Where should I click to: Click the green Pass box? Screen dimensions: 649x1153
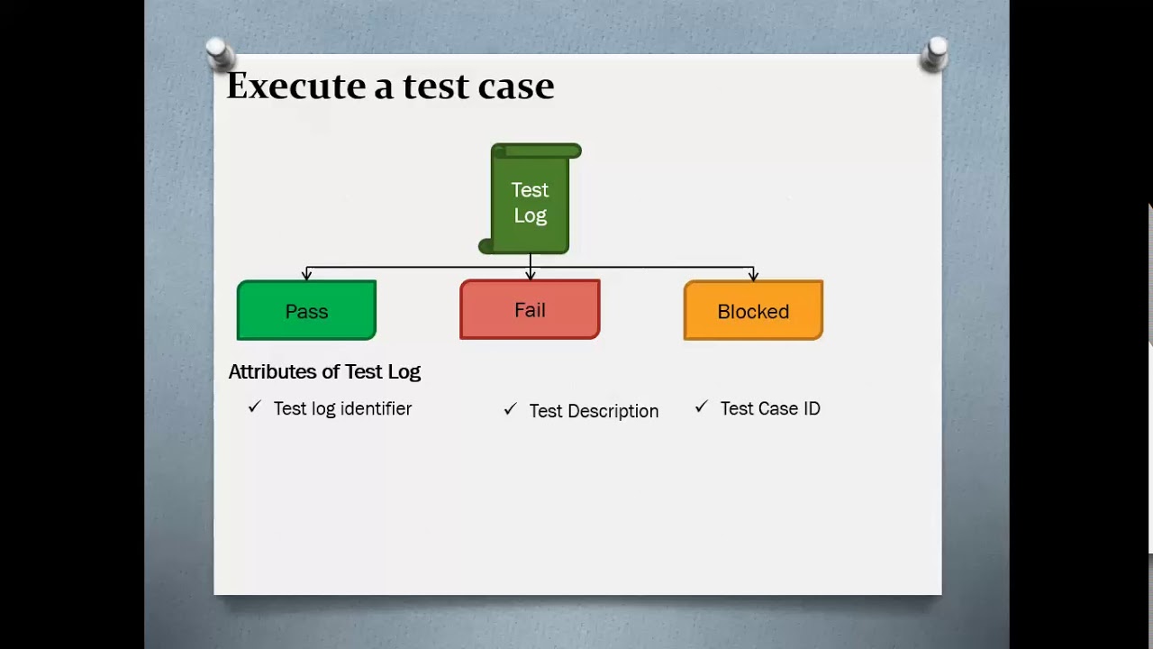point(306,311)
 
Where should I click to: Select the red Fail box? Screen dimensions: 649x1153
point(530,310)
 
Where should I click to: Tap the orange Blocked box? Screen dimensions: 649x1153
point(753,311)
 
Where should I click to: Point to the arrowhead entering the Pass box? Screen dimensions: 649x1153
point(307,275)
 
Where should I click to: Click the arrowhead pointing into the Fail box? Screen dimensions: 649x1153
point(531,274)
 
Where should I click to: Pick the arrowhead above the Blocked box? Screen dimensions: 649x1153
point(753,275)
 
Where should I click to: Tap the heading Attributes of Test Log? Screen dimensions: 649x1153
point(324,371)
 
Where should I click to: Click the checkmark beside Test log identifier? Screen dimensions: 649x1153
point(254,407)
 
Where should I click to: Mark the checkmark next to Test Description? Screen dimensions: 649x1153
point(510,409)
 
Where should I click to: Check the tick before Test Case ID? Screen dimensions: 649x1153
point(701,407)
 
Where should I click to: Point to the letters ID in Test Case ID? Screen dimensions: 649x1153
point(811,408)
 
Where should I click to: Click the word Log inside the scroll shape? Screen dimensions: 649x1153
point(530,215)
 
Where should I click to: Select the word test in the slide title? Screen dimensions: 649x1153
point(436,87)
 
